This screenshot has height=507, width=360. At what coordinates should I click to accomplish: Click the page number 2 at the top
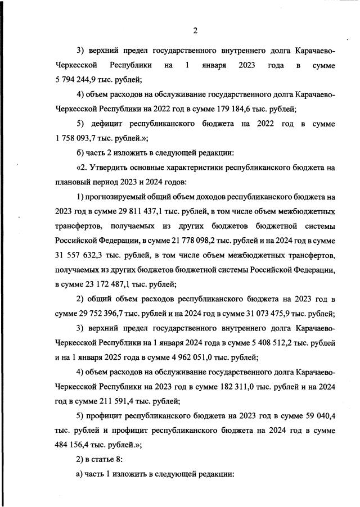(195, 30)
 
